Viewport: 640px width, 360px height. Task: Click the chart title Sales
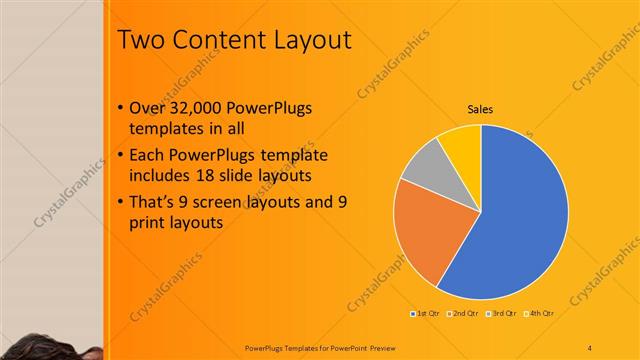481,110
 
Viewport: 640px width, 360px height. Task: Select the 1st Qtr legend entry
428,314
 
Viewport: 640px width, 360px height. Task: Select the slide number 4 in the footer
589,346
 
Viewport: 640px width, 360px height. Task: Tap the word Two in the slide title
138,41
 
